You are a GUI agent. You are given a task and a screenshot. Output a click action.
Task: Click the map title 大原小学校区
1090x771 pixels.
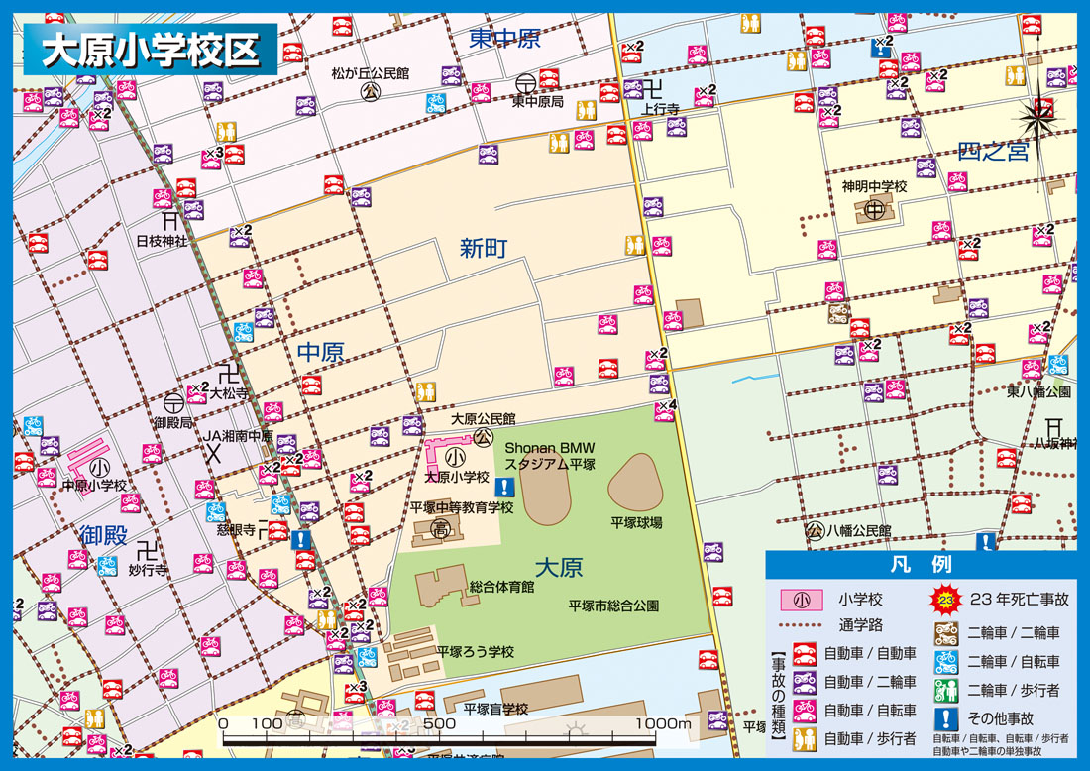click(x=149, y=50)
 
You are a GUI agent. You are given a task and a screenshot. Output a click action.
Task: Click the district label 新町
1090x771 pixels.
click(x=484, y=248)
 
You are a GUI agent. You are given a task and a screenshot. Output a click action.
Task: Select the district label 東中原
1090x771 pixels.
click(x=505, y=39)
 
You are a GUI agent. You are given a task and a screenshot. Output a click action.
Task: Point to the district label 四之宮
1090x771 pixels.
click(x=993, y=152)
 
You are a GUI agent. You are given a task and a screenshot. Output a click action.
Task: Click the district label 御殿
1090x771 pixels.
click(x=103, y=536)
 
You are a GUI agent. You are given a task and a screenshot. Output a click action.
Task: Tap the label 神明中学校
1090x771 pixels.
click(x=875, y=186)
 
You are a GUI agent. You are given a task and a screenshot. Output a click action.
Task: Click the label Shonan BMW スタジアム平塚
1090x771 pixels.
click(x=551, y=457)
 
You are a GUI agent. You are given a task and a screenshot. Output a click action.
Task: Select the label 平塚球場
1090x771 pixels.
click(x=636, y=522)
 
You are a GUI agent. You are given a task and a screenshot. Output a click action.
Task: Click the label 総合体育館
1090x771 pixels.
click(x=501, y=587)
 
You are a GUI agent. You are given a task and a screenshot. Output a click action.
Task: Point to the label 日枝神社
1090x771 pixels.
click(x=162, y=241)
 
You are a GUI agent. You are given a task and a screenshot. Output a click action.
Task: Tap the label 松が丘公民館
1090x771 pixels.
click(x=371, y=73)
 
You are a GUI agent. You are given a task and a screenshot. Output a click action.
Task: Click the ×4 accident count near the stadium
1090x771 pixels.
click(x=667, y=404)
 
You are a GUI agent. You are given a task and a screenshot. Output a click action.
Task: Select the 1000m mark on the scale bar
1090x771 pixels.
click(x=663, y=724)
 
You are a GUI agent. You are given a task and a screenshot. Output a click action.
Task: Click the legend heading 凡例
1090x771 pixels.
click(x=922, y=565)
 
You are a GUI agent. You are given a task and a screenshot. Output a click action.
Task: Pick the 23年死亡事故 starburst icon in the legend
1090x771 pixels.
click(x=945, y=599)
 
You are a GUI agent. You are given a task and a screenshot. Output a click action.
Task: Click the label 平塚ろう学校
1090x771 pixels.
click(x=476, y=651)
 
